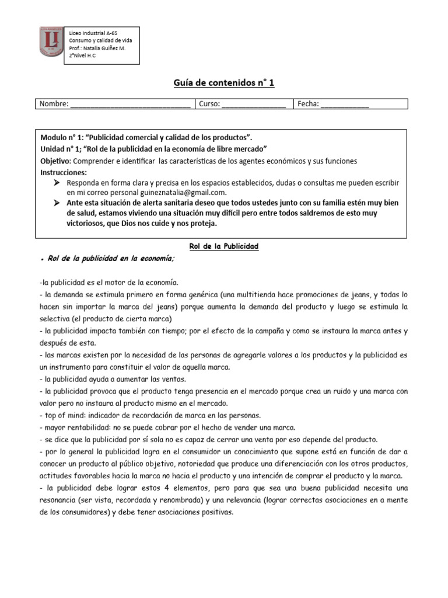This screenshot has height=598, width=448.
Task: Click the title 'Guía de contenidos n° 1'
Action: tap(223, 83)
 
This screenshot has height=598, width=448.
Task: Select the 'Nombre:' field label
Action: tap(53, 104)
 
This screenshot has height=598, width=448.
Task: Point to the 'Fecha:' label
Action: tap(308, 104)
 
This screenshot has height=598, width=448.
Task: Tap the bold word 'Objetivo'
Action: tap(55, 161)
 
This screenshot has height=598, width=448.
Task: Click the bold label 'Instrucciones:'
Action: tap(63, 172)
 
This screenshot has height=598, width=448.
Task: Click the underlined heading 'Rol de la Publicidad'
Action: tap(223, 246)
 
